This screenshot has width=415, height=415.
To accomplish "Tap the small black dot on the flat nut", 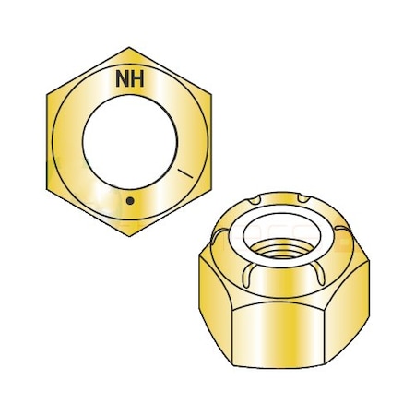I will [130, 201].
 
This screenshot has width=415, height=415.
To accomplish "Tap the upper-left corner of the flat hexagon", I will [45, 94].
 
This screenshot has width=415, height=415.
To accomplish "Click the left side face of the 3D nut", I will [212, 304].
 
